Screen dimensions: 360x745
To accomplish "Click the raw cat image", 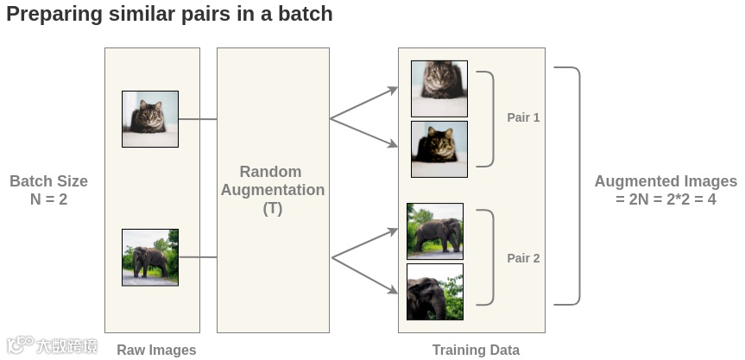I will point(150,119).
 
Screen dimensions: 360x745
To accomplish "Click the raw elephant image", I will point(150,257).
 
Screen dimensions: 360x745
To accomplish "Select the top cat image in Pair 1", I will point(439,89).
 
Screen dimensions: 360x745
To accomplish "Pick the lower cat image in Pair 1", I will point(439,148).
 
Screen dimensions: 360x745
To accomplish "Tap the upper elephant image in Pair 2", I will point(435,231).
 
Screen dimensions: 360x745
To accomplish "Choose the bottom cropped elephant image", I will point(435,292).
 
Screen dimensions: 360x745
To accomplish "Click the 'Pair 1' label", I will point(523,117).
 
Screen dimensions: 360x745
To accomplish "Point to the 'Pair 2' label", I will point(523,258).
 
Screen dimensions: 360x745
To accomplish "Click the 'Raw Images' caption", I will point(156,350).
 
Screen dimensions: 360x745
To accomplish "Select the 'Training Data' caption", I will point(476,350).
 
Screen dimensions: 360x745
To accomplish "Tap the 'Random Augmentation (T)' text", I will point(272,190).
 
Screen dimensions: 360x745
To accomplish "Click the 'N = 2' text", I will point(48,199).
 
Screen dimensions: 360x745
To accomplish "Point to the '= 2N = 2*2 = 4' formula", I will point(666,199).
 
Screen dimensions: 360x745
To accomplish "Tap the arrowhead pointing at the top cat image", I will point(393,89).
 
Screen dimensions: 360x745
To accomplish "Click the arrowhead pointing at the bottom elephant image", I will point(393,291).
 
